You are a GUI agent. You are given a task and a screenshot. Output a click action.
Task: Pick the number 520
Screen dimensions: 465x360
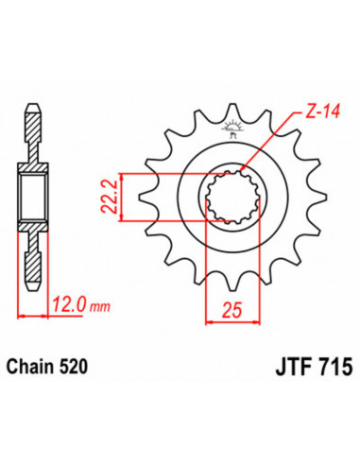[83, 362]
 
